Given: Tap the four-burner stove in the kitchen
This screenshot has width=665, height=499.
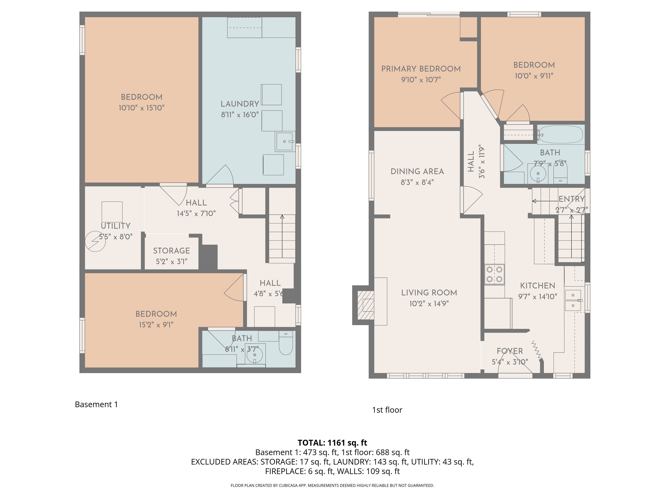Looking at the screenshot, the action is coord(494,274).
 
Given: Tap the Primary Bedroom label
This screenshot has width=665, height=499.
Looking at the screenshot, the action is coord(421,69).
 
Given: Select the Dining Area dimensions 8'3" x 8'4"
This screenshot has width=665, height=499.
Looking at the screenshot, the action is coord(417,182).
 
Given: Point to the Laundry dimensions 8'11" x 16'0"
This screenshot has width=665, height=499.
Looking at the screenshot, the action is coord(240,115).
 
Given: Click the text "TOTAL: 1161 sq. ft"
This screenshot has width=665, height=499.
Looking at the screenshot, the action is coord(332,443).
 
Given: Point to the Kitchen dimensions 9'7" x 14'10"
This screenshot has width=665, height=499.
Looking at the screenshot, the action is coord(538,297).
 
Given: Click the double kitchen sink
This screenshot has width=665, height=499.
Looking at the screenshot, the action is coord(573,300).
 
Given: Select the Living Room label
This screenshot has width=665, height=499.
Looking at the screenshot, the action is coord(429,293).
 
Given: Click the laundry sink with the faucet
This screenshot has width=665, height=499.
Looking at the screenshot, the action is coord(284,141).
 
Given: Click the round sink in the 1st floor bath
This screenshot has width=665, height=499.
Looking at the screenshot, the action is coord(538,174).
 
